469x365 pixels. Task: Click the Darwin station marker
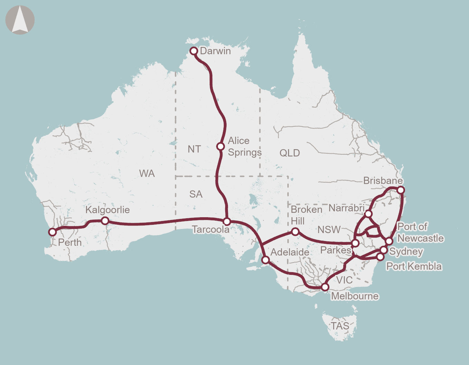[194, 51]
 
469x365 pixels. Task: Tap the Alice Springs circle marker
[220, 146]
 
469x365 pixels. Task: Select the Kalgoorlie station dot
[105, 221]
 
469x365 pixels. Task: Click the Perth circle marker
[52, 232]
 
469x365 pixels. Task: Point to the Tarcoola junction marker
[227, 221]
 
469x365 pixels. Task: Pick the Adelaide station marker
[265, 260]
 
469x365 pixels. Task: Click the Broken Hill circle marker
[295, 232]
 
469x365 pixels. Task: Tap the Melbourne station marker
[325, 287]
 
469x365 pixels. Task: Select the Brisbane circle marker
[401, 190]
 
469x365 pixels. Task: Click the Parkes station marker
[355, 243]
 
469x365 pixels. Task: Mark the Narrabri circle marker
[368, 214]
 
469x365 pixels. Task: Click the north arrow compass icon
[20, 20]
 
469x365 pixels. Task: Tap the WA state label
[147, 173]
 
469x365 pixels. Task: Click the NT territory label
[194, 149]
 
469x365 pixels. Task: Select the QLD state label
[289, 153]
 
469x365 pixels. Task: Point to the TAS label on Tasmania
[340, 326]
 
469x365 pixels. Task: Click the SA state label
[195, 194]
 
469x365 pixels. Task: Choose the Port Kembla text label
[414, 266]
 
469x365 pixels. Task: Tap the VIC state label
[344, 280]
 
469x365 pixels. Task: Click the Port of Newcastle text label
[420, 232]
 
